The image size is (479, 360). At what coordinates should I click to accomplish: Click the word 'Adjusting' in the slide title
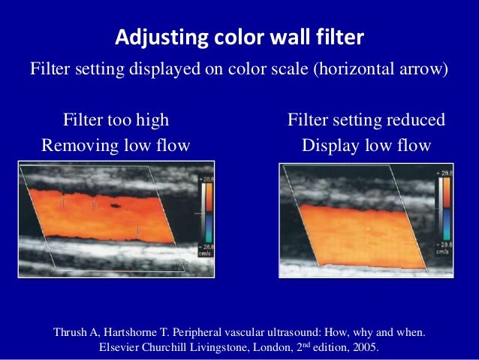coord(151,37)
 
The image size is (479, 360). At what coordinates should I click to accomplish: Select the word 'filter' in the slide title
coord(341,37)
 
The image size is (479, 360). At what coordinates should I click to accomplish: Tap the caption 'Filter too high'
coord(116,120)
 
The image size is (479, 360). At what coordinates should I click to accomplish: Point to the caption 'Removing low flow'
coord(116,145)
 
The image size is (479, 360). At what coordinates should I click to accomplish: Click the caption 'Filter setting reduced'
coord(366,120)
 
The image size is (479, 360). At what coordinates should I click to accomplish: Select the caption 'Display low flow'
coord(366,145)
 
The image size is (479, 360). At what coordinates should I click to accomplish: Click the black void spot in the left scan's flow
coord(115,204)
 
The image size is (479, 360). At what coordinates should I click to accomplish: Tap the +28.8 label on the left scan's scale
coord(205,180)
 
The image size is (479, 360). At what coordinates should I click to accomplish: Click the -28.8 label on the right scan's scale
coord(444,246)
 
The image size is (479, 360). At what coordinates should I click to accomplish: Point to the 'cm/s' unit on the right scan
coord(444,253)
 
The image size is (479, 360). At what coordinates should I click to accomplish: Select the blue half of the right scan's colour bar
coord(447,225)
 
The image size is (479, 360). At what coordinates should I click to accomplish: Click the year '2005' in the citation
coord(363,348)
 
